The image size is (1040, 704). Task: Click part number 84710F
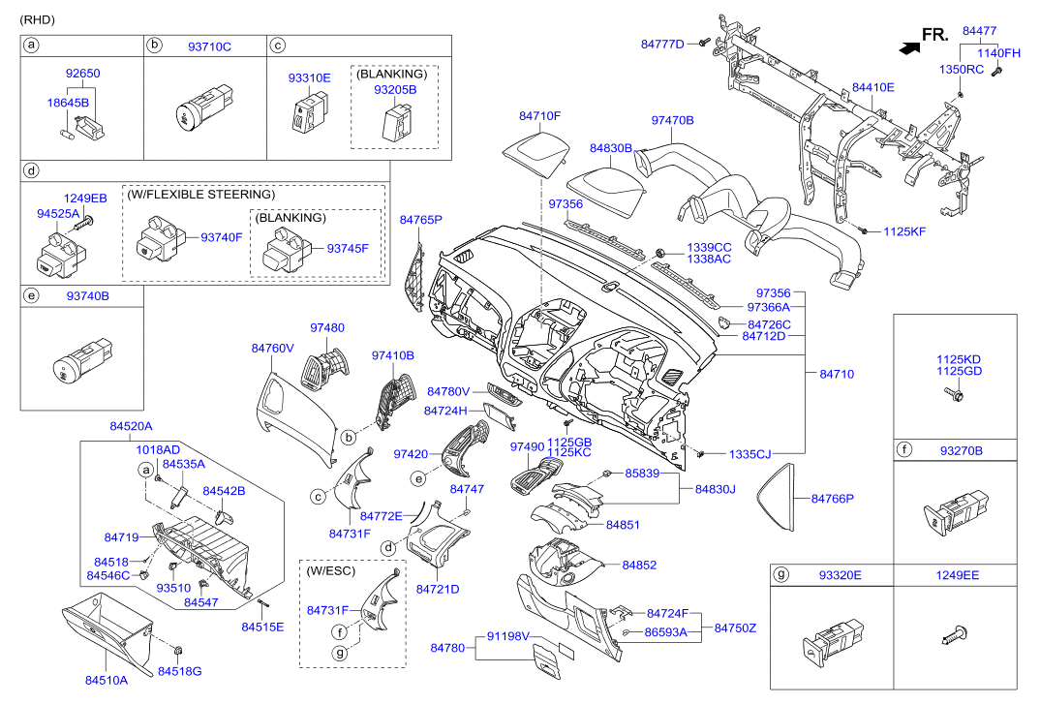pos(539,116)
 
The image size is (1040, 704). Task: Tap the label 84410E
pos(872,88)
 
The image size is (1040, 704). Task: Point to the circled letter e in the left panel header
pos(31,292)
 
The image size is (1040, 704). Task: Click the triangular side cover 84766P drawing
pos(775,500)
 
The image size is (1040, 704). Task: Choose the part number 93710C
pos(209,46)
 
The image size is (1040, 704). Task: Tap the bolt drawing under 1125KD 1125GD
pos(954,395)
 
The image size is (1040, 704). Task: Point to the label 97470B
pos(672,121)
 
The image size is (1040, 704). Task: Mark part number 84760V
pos(272,348)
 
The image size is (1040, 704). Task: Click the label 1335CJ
pos(749,453)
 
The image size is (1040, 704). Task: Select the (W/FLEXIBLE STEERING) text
pos(200,195)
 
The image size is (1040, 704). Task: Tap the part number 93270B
pos(961,450)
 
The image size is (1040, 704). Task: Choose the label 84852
pos(639,565)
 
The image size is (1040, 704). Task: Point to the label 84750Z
pos(735,627)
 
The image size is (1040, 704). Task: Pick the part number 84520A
pos(131,426)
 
